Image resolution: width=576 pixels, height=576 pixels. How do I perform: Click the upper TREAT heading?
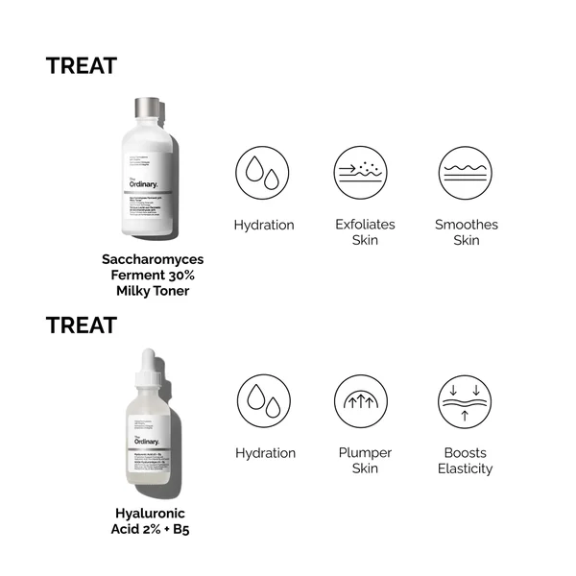pyautogui.click(x=82, y=66)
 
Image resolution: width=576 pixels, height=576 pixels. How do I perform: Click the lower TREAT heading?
pyautogui.click(x=82, y=325)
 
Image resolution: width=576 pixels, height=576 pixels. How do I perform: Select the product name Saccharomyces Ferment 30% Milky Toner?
pyautogui.click(x=154, y=275)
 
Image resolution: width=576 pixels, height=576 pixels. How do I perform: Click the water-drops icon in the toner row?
pyautogui.click(x=263, y=173)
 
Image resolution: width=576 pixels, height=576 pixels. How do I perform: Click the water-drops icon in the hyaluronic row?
pyautogui.click(x=263, y=401)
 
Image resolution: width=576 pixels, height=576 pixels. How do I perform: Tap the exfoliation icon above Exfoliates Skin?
pyautogui.click(x=361, y=173)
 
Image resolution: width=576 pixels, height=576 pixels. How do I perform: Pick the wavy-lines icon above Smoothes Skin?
pyautogui.click(x=467, y=173)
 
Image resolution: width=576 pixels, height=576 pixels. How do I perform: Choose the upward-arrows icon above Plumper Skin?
pyautogui.click(x=361, y=401)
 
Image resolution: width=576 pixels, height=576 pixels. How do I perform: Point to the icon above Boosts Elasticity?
pyautogui.click(x=465, y=401)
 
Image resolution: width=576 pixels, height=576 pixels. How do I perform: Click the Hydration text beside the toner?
pyautogui.click(x=263, y=226)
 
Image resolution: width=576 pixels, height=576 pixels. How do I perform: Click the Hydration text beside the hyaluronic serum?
pyautogui.click(x=263, y=453)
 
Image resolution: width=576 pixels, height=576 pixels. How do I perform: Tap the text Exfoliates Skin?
pyautogui.click(x=361, y=232)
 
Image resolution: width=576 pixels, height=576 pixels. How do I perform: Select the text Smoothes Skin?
pyautogui.click(x=467, y=232)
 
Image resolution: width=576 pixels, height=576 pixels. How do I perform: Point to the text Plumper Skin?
pyautogui.click(x=361, y=461)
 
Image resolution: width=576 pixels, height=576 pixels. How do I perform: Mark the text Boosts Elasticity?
pyautogui.click(x=465, y=461)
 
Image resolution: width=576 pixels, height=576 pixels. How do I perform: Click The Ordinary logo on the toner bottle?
pyautogui.click(x=143, y=182)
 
